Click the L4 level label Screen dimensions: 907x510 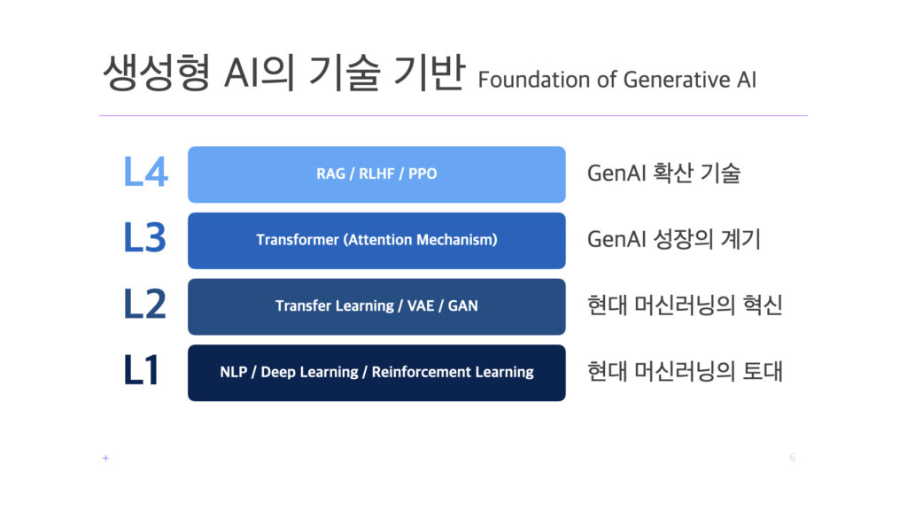click(146, 172)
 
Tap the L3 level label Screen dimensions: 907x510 click(145, 237)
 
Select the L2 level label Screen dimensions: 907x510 click(145, 305)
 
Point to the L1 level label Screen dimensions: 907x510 click(141, 370)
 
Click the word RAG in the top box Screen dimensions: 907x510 click(330, 174)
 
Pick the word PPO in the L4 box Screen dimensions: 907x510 click(422, 174)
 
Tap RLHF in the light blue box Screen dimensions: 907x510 click(376, 174)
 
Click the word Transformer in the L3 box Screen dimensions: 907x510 click(298, 239)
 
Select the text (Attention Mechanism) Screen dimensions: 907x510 click(421, 240)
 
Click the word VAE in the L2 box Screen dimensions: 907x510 click(421, 305)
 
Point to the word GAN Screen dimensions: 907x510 click(462, 305)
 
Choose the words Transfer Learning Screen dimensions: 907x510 click(334, 306)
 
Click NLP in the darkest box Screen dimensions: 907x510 click(234, 372)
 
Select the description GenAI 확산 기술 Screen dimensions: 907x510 click(663, 173)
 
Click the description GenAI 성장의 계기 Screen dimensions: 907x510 click(674, 239)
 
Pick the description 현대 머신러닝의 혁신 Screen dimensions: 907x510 click(685, 305)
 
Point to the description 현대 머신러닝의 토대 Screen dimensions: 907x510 click(685, 371)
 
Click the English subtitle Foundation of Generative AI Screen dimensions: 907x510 click(617, 80)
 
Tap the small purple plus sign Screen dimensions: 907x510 click(105, 458)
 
